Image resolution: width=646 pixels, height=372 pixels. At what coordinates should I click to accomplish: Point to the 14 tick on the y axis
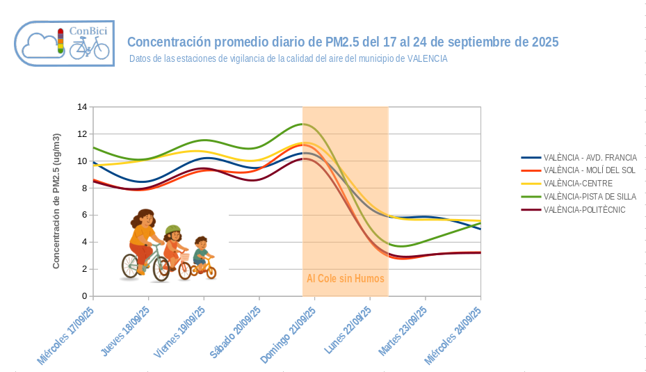click(83, 107)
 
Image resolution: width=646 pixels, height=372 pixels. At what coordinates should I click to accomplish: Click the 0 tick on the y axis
click(85, 296)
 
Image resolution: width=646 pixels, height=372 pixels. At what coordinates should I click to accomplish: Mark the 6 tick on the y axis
click(85, 215)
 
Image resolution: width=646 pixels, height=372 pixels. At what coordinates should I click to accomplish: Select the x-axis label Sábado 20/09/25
click(234, 332)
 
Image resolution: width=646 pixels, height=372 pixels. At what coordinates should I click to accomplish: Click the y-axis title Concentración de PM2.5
click(56, 201)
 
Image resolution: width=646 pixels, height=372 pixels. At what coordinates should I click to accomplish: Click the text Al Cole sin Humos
click(346, 278)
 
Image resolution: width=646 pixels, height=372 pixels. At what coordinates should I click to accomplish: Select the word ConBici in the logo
click(88, 31)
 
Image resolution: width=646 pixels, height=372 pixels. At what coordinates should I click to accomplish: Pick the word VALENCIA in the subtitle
click(427, 59)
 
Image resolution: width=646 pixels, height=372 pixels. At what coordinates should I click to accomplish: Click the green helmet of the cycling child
click(172, 229)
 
